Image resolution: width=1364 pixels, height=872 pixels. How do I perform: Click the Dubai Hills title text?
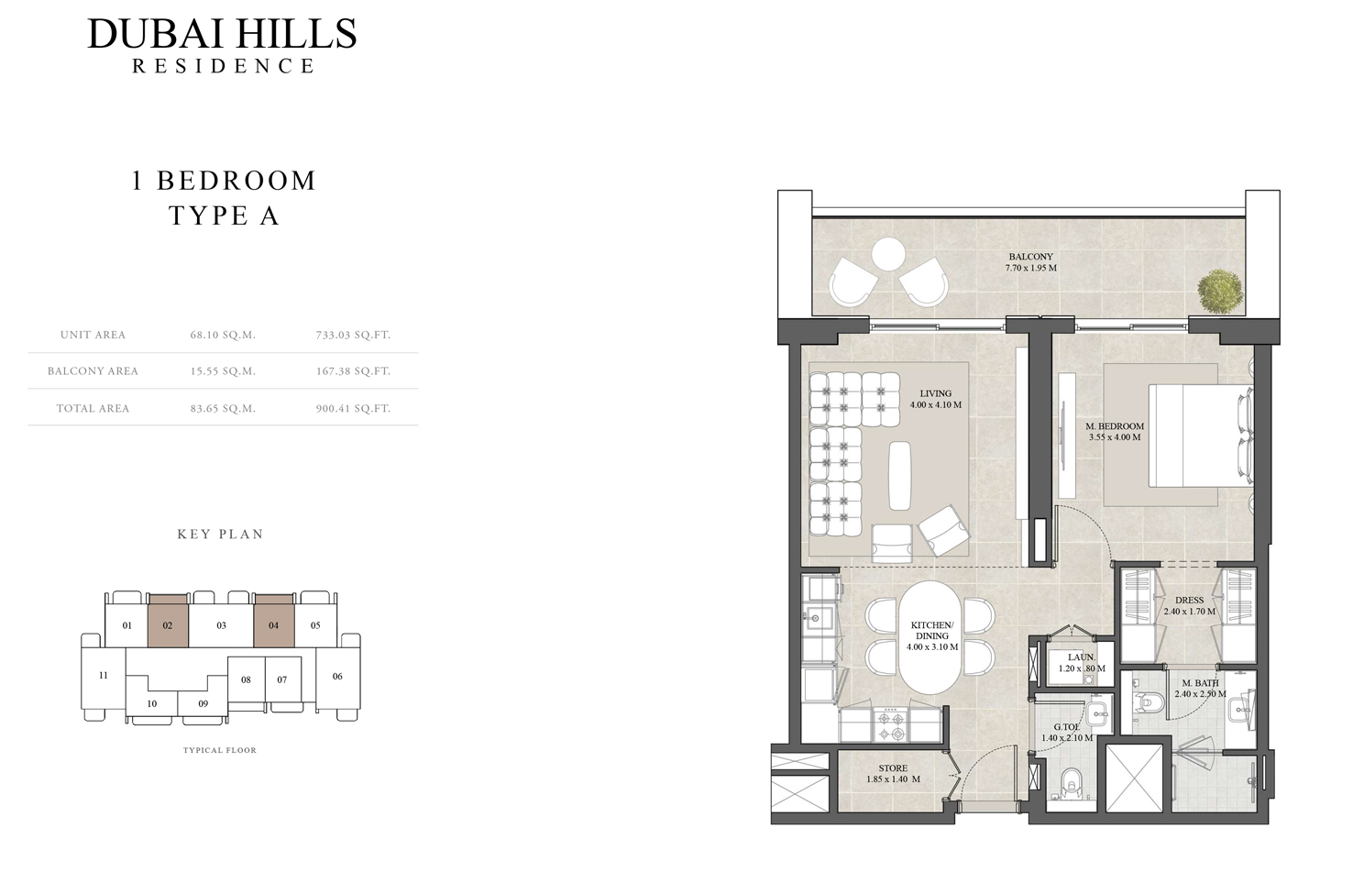point(222,34)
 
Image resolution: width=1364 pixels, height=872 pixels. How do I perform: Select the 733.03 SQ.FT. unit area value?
point(353,335)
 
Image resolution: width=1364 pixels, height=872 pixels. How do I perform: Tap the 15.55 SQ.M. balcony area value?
point(223,371)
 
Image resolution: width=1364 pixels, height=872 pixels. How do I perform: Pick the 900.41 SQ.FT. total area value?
point(353,409)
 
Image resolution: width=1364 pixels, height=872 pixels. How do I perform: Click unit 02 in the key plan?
point(168,621)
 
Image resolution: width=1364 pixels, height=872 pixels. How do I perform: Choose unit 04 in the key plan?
point(274,621)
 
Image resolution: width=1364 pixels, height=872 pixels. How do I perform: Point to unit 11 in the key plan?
point(104,675)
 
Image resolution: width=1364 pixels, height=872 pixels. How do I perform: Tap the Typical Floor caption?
point(220,750)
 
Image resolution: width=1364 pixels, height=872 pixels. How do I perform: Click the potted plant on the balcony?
point(1220,292)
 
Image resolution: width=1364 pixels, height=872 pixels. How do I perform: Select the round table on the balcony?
point(888,255)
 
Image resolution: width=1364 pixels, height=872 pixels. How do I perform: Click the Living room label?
point(936,400)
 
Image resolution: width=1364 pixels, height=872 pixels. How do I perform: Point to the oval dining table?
point(931,637)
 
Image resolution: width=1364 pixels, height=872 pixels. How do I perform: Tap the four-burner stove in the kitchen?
point(890,724)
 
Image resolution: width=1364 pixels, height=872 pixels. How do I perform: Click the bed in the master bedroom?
point(1201,436)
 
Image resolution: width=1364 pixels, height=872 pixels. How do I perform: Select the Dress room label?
point(1189,606)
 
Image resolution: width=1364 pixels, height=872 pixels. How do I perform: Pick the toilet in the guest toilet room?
point(1072,783)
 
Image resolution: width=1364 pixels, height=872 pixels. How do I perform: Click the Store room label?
point(894,774)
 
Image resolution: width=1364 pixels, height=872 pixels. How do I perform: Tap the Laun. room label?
point(1082,663)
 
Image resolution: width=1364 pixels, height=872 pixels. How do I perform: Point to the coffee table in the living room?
point(900,476)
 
